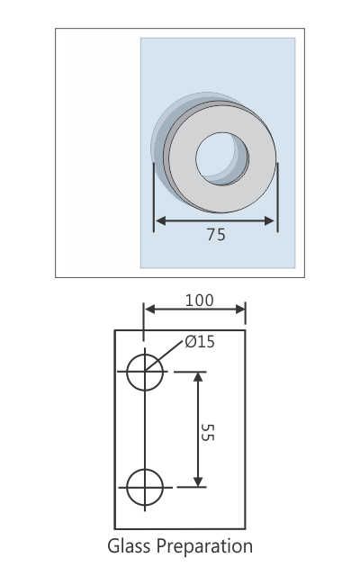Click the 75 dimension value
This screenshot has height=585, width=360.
click(216, 235)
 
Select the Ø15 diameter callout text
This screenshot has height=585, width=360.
click(199, 342)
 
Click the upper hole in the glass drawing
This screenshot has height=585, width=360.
click(144, 372)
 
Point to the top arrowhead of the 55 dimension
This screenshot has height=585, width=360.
click(199, 377)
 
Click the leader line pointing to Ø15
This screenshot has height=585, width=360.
click(168, 353)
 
